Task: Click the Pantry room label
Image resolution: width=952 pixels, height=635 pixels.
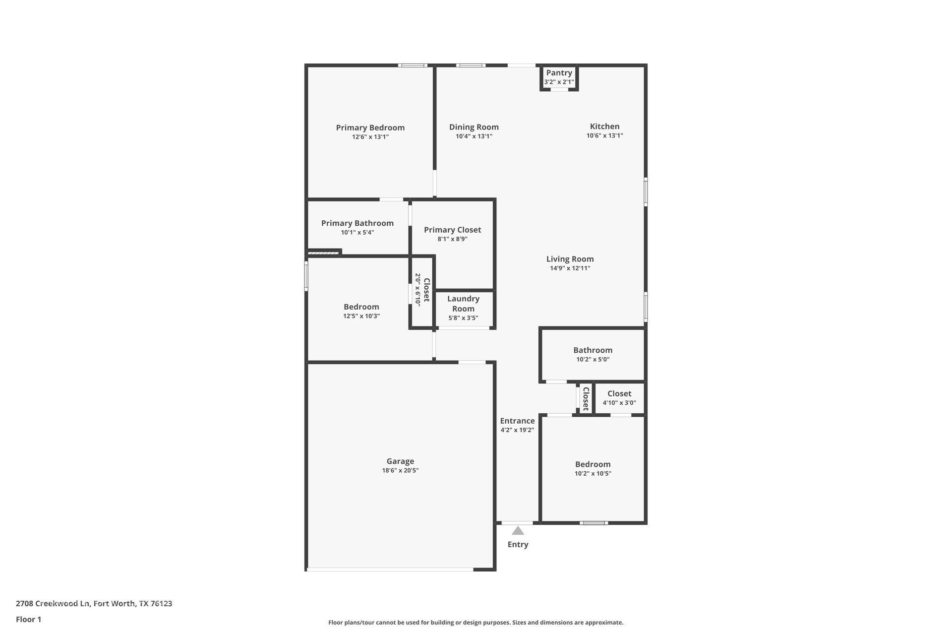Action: pos(559,73)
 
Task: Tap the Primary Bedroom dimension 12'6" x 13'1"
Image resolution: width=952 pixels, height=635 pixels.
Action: pos(370,137)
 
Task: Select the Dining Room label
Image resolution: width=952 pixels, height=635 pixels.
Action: pos(474,127)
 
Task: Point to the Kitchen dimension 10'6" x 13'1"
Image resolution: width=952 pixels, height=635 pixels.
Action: pos(604,135)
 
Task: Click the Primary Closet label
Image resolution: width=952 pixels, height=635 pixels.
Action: pos(452,230)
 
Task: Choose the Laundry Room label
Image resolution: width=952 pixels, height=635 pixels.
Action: pos(463,303)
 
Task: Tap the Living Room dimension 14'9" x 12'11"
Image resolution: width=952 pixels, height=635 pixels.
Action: pos(570,268)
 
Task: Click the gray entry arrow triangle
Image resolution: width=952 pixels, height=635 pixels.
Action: pos(518,531)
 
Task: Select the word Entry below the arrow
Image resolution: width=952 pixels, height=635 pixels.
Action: pos(518,544)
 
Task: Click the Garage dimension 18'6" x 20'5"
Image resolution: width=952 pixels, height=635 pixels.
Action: pos(400,470)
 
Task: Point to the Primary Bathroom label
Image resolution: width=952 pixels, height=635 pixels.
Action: pos(357,223)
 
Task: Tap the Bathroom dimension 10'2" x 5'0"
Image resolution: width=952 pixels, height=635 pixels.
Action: pos(593,359)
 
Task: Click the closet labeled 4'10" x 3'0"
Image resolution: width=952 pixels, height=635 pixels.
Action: pos(619,398)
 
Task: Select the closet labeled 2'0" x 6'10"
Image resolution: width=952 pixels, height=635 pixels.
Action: pos(422,290)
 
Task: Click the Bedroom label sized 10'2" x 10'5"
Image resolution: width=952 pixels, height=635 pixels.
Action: pos(593,464)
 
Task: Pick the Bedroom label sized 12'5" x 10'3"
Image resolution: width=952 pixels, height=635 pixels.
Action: pos(361,307)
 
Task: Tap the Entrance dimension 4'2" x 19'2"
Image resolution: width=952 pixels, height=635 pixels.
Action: pos(517,430)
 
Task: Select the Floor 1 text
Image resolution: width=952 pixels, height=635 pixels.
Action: pos(28,619)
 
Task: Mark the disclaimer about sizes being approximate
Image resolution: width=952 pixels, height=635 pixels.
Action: pos(476,622)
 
